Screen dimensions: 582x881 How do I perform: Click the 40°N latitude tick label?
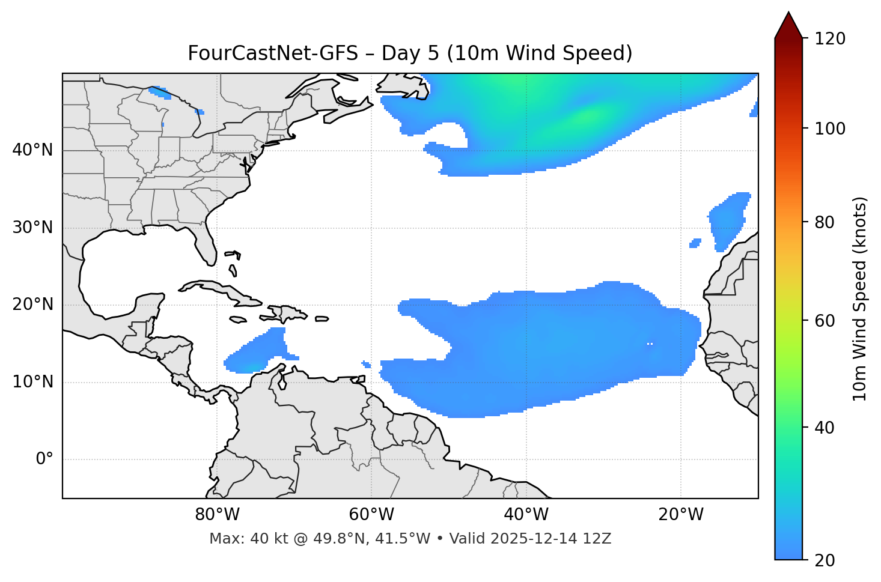pyautogui.click(x=32, y=150)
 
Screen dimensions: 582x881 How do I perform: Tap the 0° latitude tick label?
pyautogui.click(x=44, y=459)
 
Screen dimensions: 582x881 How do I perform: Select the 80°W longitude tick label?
pyautogui.click(x=217, y=515)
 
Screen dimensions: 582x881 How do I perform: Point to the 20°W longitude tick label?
pyautogui.click(x=681, y=515)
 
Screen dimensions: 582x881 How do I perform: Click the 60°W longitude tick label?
pyautogui.click(x=371, y=515)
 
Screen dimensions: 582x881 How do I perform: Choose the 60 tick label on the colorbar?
pyautogui.click(x=827, y=321)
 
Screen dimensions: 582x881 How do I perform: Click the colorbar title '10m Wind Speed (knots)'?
pyautogui.click(x=860, y=299)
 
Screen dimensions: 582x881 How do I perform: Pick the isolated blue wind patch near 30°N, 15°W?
pyautogui.click(x=728, y=221)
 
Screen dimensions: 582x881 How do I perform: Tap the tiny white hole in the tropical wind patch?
pyautogui.click(x=650, y=344)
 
